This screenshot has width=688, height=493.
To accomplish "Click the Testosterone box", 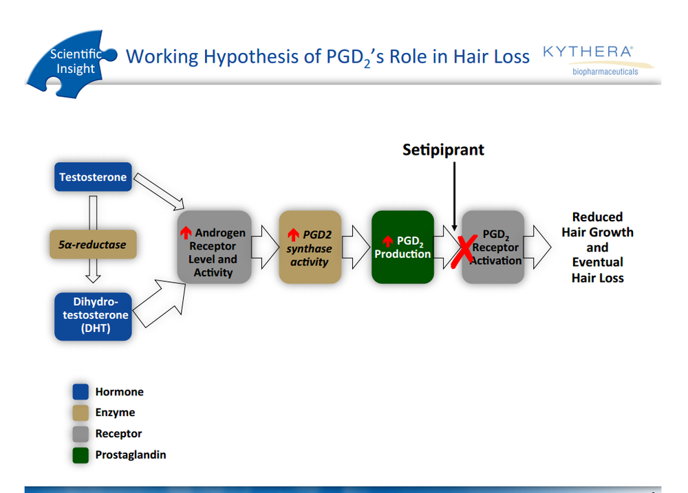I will tap(93, 177).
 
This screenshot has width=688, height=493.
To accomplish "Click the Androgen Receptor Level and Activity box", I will tap(213, 246).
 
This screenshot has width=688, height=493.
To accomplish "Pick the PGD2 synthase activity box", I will tap(310, 247).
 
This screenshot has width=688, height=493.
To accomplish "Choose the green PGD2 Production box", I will tap(402, 248).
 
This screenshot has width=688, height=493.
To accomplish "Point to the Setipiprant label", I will tap(443, 150).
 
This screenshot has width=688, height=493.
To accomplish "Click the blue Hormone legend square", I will tap(80, 392).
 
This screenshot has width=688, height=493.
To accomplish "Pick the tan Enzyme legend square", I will tap(80, 413).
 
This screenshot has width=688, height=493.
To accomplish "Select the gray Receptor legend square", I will tap(80, 434).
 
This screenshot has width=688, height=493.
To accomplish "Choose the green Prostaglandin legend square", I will tap(80, 454).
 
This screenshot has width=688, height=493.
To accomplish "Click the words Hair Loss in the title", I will tap(491, 56).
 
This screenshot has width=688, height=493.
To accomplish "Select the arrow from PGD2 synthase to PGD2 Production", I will tap(356, 247).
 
